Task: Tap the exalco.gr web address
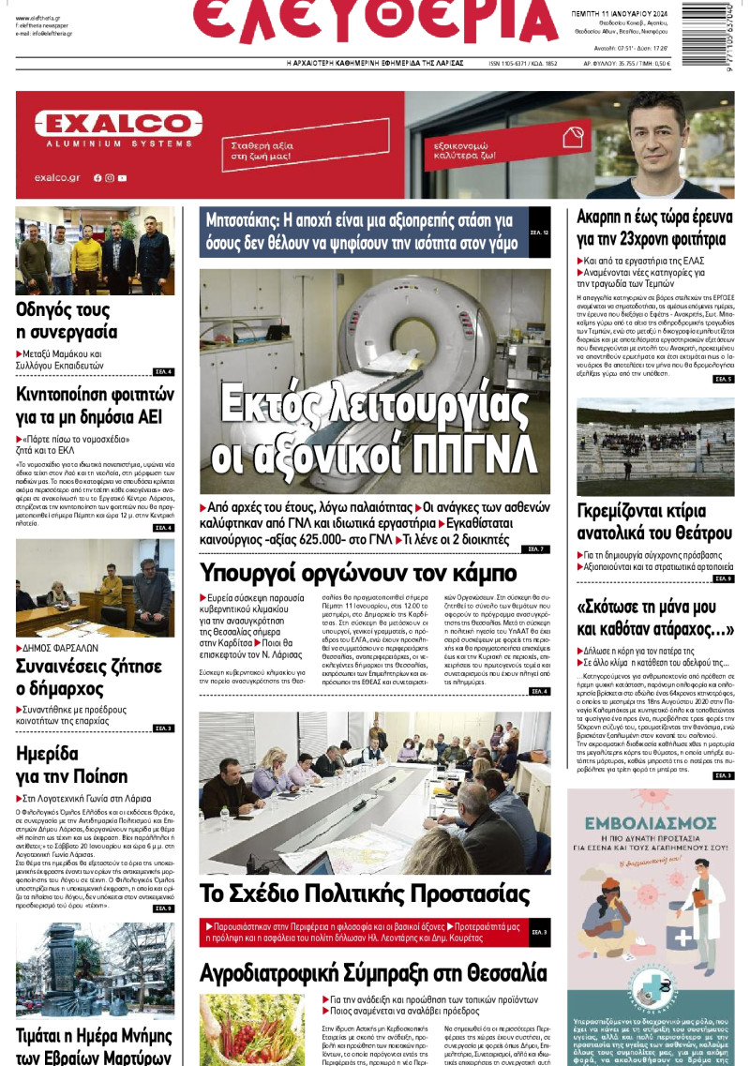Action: pyautogui.click(x=57, y=177)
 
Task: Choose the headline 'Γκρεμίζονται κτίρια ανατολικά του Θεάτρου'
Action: pyautogui.click(x=654, y=522)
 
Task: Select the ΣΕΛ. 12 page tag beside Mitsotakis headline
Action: pyautogui.click(x=539, y=231)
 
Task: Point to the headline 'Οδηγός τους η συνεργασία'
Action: pyautogui.click(x=67, y=320)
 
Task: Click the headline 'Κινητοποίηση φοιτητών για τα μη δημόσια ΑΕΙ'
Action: pyautogui.click(x=95, y=404)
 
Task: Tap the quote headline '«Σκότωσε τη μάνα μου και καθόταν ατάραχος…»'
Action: pyautogui.click(x=654, y=615)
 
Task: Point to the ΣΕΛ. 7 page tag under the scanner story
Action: pyautogui.click(x=536, y=548)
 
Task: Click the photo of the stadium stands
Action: pyautogui.click(x=654, y=446)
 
